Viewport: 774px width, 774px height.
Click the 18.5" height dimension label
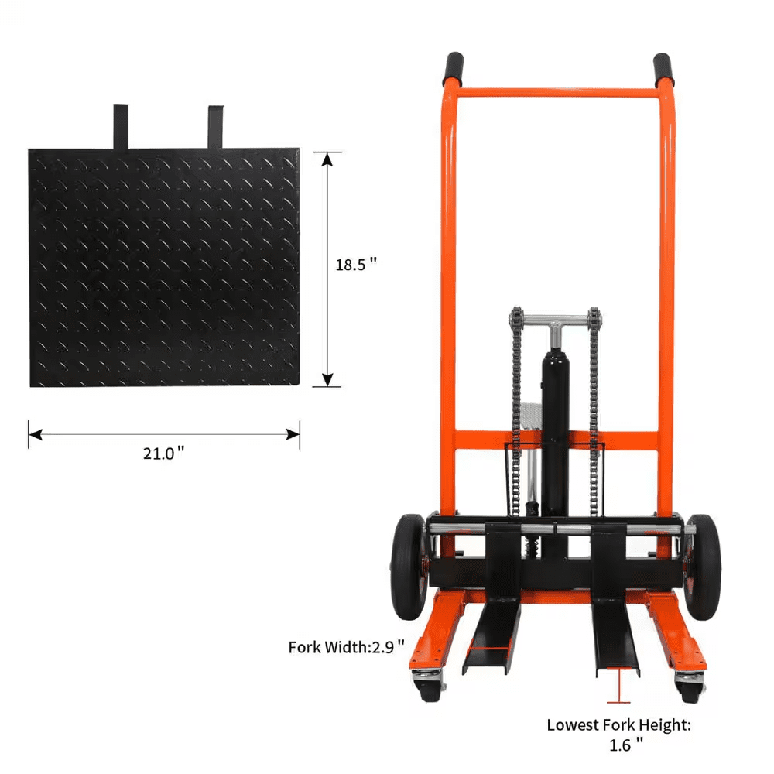[x=355, y=264]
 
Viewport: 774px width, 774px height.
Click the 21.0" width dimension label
[x=163, y=454]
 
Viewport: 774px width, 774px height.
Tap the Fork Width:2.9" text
[x=347, y=646]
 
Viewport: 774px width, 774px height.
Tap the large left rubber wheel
[x=407, y=565]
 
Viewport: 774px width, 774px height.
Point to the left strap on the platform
[x=120, y=126]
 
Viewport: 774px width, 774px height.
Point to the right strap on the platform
[x=215, y=126]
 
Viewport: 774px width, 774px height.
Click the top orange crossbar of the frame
[x=557, y=92]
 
